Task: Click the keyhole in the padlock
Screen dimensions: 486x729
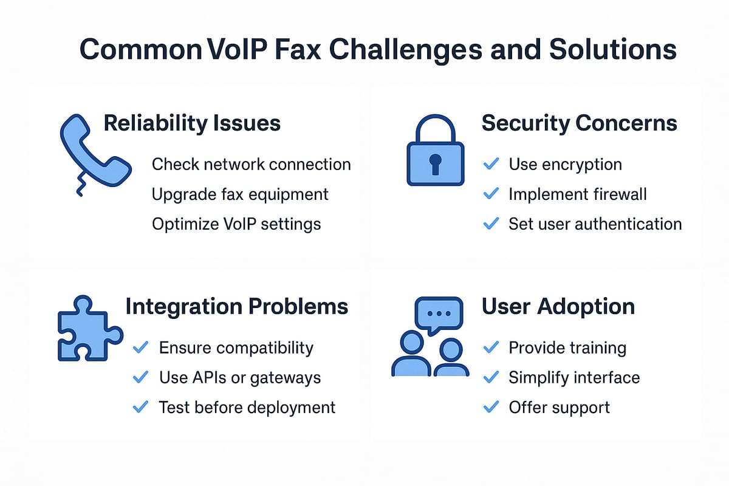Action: [434, 163]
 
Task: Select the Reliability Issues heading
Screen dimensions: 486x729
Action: [192, 123]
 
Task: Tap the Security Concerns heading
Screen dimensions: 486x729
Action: [579, 123]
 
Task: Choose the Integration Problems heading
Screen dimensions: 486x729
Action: [237, 306]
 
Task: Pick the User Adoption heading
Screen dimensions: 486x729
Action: [558, 306]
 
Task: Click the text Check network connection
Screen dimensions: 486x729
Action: [251, 164]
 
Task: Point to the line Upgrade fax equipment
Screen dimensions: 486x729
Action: [240, 194]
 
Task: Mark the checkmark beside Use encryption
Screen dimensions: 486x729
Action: [490, 164]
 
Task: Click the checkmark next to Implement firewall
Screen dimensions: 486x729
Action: [490, 194]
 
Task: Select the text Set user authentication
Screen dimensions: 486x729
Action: [595, 224]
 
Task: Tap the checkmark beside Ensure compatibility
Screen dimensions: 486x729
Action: [140, 347]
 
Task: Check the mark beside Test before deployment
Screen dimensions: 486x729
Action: [140, 406]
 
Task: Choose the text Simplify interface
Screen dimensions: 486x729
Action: [574, 377]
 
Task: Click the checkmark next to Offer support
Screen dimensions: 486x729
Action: [490, 406]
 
